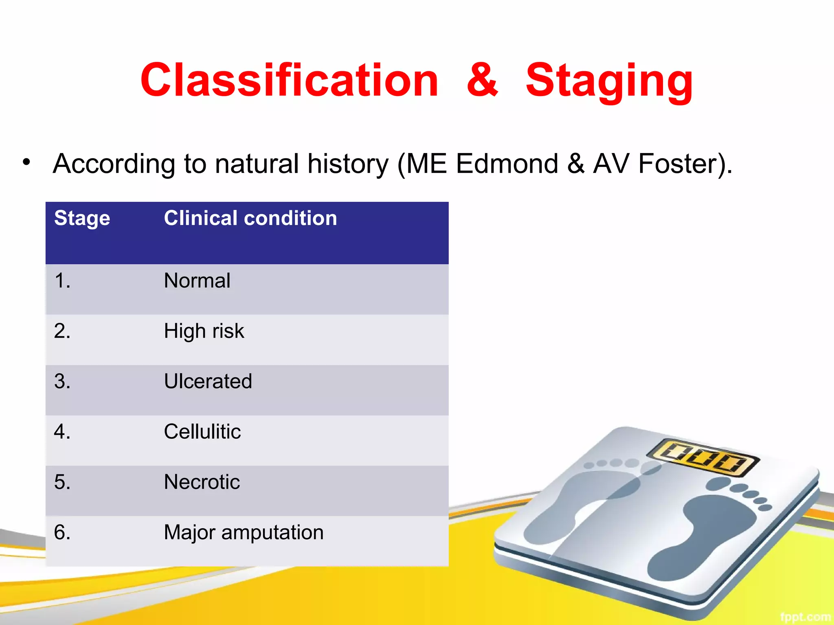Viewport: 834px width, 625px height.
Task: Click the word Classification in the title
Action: [289, 81]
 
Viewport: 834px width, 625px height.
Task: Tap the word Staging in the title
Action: [609, 81]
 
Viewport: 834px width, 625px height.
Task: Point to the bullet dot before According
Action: [26, 162]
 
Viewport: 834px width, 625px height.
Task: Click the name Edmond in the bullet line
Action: [507, 164]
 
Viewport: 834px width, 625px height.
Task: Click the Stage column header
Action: [82, 219]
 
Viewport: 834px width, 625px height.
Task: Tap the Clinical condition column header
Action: [250, 218]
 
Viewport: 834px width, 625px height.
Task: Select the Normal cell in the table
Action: [197, 281]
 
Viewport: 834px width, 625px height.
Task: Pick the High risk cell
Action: [204, 331]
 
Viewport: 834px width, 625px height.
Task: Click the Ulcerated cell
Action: [208, 381]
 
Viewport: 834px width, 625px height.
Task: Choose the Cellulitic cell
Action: [202, 432]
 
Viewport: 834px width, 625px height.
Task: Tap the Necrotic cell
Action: [202, 482]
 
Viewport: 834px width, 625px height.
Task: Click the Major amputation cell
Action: [244, 533]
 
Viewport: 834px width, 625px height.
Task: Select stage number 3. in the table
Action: [62, 381]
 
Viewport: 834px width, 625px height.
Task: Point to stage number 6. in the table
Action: [62, 533]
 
